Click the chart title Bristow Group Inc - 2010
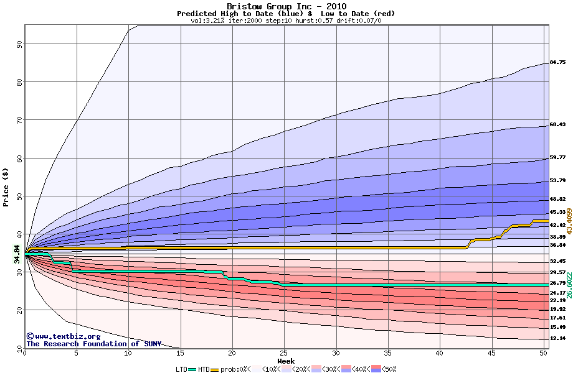[286, 6]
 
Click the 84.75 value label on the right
[557, 62]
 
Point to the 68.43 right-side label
[557, 125]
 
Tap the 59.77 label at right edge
[557, 158]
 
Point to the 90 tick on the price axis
[19, 44]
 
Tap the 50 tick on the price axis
[19, 196]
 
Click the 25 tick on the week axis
[284, 353]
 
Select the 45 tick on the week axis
[491, 353]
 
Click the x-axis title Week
[286, 361]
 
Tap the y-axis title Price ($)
[6, 186]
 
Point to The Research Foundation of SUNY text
[93, 344]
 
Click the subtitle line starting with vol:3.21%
[286, 21]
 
